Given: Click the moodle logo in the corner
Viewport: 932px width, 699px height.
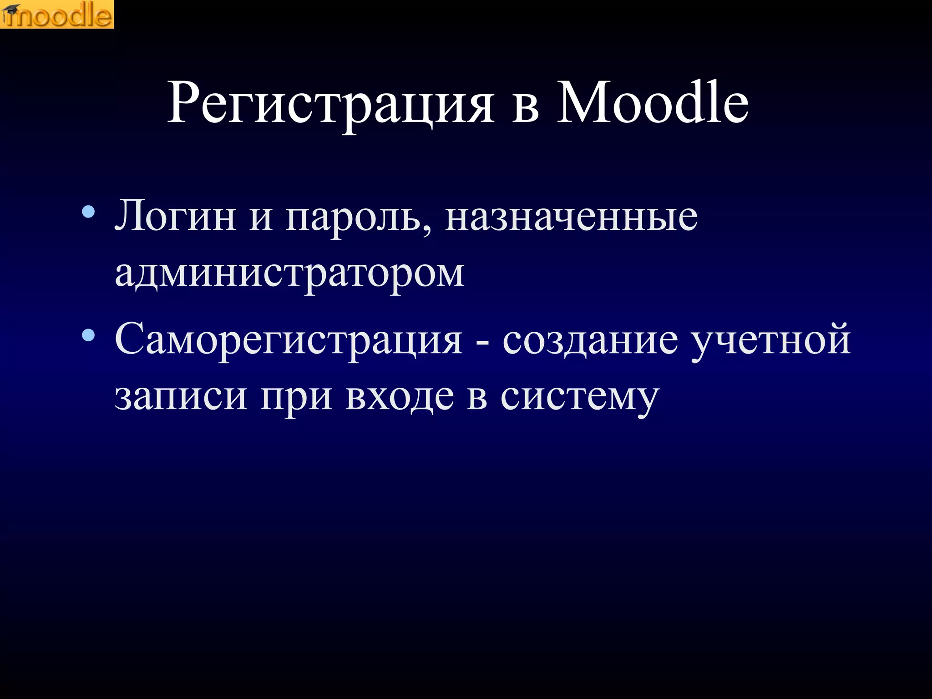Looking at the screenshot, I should point(57,15).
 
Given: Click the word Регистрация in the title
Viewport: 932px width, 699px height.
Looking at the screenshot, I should point(331,104).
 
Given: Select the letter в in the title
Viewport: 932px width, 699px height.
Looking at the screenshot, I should point(526,109).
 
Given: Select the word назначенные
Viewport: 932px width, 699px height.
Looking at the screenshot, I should point(571,218).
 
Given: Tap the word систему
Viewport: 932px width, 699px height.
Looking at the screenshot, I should point(579,398).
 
